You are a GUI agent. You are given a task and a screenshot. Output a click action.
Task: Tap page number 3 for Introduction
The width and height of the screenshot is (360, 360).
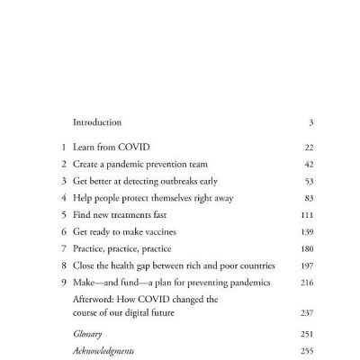point(310,121)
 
